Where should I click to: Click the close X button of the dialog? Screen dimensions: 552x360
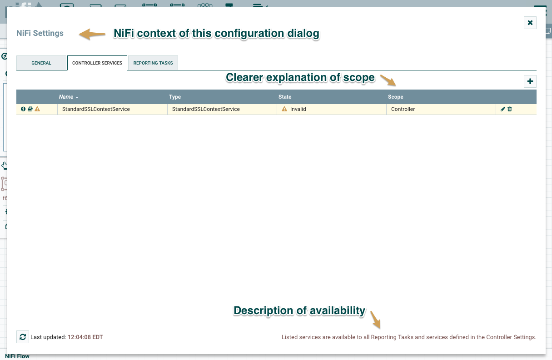point(530,23)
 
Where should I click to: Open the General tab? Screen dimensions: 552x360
point(41,63)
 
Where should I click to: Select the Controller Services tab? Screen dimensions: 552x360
point(97,63)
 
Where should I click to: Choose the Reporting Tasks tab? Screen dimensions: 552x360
point(153,63)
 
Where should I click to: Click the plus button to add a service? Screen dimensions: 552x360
point(530,81)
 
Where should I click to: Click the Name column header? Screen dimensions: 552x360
point(66,97)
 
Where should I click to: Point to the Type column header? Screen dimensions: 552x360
point(175,97)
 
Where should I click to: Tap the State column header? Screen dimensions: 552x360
point(285,97)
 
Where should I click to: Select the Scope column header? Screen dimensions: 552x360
point(396,97)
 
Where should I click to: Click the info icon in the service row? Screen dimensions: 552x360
point(23,109)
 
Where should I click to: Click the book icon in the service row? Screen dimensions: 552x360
point(30,109)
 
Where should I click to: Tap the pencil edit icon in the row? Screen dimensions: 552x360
point(503,109)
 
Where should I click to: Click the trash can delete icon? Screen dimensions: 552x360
point(510,109)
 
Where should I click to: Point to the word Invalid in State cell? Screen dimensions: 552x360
point(298,109)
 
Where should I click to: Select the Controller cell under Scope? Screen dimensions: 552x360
point(403,109)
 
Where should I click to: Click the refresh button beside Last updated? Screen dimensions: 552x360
point(23,337)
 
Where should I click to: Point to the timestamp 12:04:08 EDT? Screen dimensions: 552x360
point(85,337)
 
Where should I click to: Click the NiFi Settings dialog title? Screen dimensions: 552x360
point(40,33)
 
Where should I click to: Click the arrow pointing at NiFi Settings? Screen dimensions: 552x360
point(92,34)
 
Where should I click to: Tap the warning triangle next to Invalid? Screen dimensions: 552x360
point(284,109)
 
